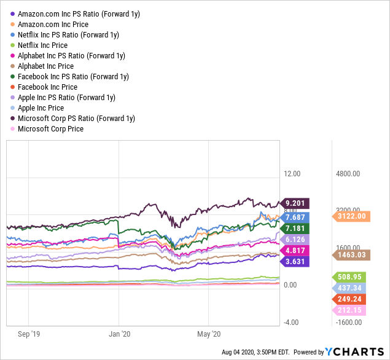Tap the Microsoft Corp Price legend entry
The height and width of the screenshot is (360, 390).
(51, 129)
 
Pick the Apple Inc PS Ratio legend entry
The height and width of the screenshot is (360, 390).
(66, 98)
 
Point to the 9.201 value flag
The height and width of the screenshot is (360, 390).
(295, 203)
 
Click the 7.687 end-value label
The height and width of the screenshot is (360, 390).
(295, 217)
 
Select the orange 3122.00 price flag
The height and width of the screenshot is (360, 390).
(352, 216)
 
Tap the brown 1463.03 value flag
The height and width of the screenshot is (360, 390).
(352, 254)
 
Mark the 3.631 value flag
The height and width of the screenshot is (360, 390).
(295, 261)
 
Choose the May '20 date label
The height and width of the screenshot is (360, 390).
(208, 335)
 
